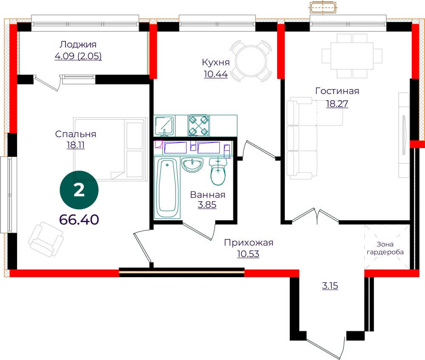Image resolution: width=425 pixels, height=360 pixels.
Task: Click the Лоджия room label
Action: pos(78,45)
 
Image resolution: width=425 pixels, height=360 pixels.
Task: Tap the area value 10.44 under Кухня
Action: pos(216,74)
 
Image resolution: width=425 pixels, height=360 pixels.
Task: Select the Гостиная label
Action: pos(337,91)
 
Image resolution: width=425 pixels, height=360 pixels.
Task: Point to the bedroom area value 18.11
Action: pos(76,145)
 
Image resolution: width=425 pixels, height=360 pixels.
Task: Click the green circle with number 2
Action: pos(79,190)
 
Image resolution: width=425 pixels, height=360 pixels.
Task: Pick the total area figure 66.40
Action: pos(79,219)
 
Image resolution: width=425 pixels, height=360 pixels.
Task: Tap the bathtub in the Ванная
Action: pos(167,188)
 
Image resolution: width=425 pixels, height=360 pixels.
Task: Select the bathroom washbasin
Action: pos(192,165)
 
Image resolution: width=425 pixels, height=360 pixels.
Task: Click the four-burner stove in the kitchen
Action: pos(199,126)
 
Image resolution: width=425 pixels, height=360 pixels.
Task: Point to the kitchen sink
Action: pos(164,126)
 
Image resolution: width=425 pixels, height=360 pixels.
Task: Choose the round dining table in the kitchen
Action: pos(251,62)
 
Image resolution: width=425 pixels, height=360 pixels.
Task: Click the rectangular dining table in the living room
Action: pos(352,56)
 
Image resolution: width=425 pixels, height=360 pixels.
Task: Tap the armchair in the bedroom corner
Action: pos(46,239)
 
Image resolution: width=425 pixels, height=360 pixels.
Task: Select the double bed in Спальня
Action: pos(110,149)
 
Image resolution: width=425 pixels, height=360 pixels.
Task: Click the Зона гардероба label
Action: pos(385,248)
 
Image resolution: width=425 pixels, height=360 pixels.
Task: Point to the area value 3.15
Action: pos(330,286)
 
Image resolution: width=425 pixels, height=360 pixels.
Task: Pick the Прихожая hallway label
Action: pos(249,243)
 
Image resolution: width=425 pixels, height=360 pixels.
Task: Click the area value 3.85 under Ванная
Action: pos(207,205)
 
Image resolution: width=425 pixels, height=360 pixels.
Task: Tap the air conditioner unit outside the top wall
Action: pos(323,8)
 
